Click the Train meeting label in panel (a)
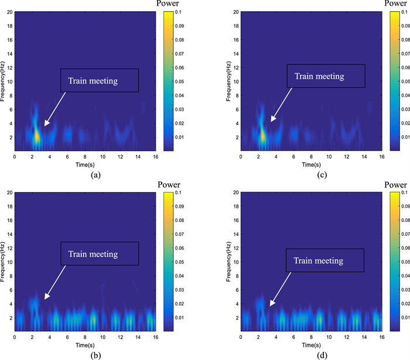[x=99, y=81]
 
